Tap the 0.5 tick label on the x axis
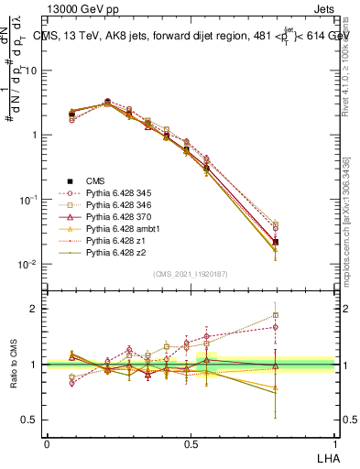(191, 442)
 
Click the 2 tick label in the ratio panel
(34, 309)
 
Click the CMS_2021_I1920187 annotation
(191, 274)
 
